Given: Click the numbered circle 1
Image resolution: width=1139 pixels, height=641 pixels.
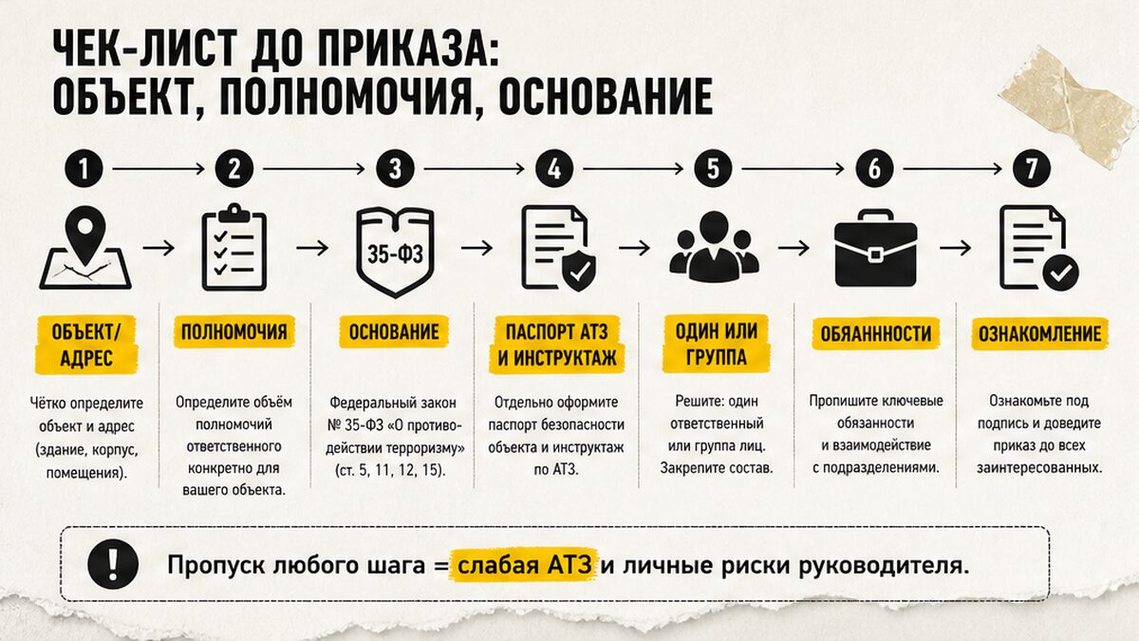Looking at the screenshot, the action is point(84,168).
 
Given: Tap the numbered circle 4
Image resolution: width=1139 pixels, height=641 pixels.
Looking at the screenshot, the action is point(554,168).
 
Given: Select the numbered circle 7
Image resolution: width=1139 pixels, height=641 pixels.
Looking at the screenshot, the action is point(1031,168).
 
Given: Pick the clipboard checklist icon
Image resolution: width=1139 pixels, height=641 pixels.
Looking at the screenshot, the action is point(234,248).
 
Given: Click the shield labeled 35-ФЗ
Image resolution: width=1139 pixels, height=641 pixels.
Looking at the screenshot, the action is point(395,252).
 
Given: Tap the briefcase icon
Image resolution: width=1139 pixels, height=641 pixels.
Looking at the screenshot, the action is point(875,248).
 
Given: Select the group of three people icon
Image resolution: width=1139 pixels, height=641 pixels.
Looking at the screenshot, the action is point(715,247).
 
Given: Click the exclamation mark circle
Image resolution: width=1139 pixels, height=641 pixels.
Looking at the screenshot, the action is point(113,564).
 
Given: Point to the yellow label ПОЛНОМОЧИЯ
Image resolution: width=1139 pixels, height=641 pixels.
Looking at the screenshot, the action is point(234,332).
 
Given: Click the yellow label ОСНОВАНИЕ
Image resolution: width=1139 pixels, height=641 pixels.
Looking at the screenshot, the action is point(394,332).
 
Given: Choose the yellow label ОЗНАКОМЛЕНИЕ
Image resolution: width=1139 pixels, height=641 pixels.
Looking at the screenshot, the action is point(1040,333).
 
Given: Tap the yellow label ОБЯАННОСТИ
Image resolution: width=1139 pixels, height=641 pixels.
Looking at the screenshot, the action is point(875,333).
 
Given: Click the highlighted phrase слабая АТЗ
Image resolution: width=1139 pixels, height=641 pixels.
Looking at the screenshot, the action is point(524,565).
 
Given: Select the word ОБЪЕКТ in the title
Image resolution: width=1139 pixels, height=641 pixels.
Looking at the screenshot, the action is point(122,97).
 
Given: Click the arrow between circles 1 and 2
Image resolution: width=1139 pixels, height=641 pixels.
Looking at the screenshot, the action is point(159,168).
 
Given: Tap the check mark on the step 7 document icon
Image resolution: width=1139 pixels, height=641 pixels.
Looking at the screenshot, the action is point(1061,273).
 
